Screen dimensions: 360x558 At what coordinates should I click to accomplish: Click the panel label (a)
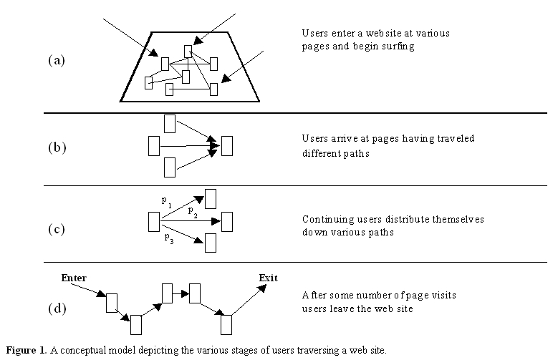[x=57, y=60]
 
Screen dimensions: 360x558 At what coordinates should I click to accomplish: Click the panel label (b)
[x=57, y=148]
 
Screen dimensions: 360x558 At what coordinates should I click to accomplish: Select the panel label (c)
[x=57, y=230]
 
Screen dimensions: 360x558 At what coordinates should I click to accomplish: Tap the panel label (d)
[x=57, y=309]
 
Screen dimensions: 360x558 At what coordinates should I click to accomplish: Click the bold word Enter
[x=74, y=277]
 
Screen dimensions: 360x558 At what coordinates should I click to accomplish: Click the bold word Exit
[x=269, y=277]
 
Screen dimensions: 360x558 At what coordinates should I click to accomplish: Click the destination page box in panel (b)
[x=228, y=145]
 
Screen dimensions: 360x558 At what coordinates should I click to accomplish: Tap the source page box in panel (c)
[x=153, y=222]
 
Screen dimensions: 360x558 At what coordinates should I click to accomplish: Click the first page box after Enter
[x=111, y=303]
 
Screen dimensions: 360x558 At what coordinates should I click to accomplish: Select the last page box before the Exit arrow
[x=226, y=324]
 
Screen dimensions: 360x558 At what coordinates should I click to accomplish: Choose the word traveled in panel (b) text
[x=455, y=139]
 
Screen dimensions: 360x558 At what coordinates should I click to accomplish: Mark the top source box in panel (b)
[x=170, y=123]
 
